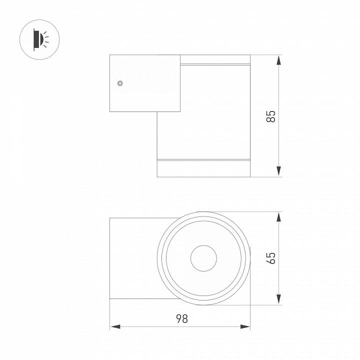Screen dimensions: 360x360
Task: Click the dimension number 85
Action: [x=271, y=116]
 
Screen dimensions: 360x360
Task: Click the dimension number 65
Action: [x=271, y=258]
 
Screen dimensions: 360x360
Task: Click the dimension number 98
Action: [x=182, y=318]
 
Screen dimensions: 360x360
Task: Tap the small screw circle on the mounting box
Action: [x=120, y=83]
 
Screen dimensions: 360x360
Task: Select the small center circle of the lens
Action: [x=203, y=258]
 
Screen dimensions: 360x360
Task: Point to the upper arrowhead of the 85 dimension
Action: [x=278, y=60]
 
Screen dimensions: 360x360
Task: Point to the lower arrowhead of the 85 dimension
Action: [x=278, y=171]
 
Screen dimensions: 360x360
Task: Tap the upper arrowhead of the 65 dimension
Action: [x=278, y=217]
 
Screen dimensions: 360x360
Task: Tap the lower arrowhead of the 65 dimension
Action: [x=278, y=299]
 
